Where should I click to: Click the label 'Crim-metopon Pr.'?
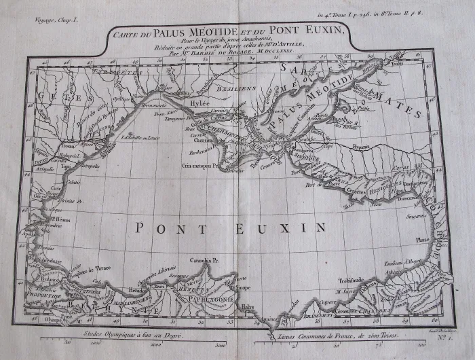pos(202,164)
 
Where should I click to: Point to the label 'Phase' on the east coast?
pos(422,239)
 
